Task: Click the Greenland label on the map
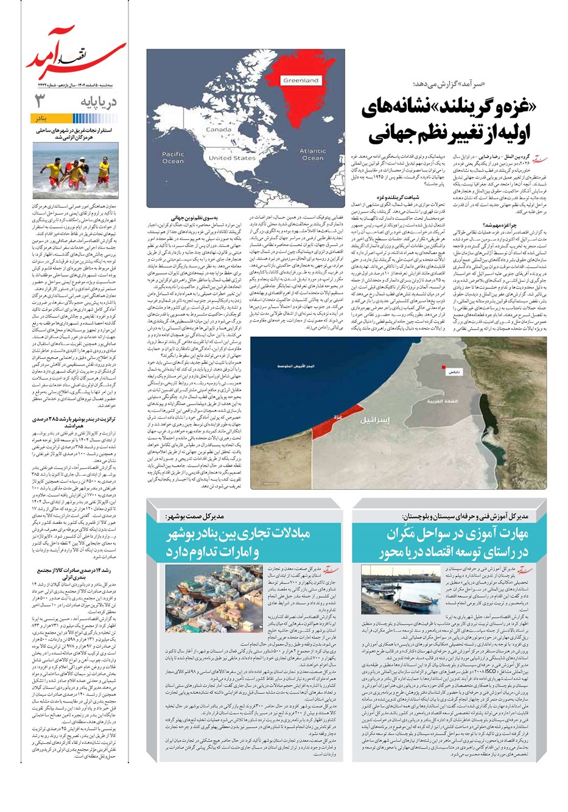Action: [301, 80]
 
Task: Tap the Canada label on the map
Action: [218, 130]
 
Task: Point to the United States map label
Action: [232, 158]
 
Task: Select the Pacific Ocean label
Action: [173, 158]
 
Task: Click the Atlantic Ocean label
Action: [312, 155]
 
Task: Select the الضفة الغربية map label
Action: [442, 402]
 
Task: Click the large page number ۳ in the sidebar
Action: [41, 101]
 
